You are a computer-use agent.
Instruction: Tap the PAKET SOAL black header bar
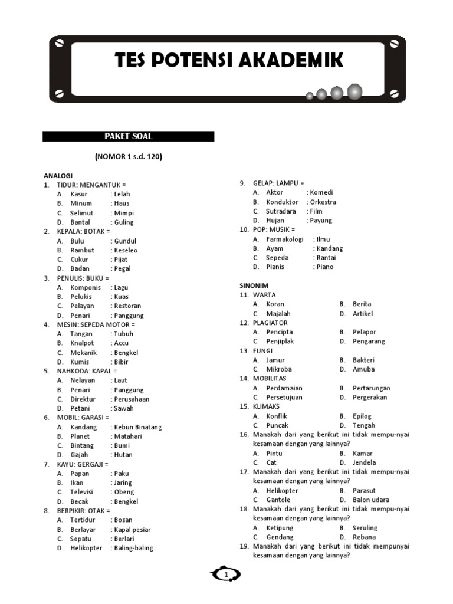(x=128, y=136)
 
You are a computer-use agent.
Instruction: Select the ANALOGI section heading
(x=58, y=175)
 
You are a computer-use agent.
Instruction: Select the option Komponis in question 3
(x=86, y=287)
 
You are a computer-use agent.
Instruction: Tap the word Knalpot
(x=84, y=343)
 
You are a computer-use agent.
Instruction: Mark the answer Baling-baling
(x=133, y=548)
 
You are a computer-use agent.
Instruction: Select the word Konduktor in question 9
(x=282, y=202)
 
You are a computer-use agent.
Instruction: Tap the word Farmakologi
(x=285, y=239)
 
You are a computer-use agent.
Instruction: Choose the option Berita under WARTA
(x=362, y=304)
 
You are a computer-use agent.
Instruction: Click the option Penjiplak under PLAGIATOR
(x=280, y=342)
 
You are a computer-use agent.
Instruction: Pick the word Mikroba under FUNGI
(x=279, y=369)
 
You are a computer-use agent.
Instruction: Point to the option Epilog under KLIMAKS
(x=362, y=416)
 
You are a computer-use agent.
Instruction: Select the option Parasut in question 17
(x=364, y=491)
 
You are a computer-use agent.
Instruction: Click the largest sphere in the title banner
(x=354, y=91)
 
